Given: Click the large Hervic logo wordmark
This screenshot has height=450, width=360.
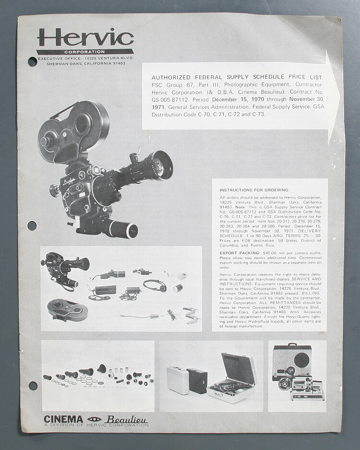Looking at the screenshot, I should coord(85,37).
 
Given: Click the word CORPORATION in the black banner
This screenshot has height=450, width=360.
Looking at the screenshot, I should coord(85,52).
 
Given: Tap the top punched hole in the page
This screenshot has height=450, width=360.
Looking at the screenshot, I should coord(32,61).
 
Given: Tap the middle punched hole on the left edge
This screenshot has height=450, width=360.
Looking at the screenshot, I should coord(32,225).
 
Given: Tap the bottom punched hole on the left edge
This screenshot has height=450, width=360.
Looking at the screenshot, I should coord(32,385).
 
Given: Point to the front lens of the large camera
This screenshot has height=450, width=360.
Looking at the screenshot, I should coord(160,166).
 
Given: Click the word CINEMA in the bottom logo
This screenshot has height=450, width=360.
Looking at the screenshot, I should coord(63,419).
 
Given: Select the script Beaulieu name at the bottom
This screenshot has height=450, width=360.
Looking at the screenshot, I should coord(127,419).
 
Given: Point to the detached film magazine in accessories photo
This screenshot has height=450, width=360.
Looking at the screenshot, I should coord(67,310).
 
